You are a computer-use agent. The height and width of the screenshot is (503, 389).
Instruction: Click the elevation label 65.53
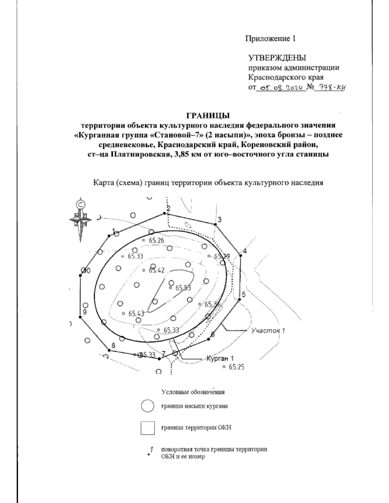click(x=183, y=288)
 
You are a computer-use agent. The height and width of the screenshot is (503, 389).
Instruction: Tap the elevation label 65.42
click(x=156, y=270)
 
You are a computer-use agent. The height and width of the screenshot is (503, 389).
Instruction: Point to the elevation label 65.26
click(x=156, y=240)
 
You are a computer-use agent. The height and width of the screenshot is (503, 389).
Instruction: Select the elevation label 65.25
click(x=236, y=367)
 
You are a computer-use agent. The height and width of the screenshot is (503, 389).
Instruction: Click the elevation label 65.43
click(x=136, y=314)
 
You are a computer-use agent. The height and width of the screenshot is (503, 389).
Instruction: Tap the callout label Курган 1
click(x=220, y=359)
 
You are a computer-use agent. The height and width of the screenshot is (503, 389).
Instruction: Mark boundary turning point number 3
click(x=215, y=224)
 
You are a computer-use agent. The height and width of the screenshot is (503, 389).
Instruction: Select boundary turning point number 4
click(x=241, y=255)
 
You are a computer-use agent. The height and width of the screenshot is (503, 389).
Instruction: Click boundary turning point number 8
click(x=109, y=350)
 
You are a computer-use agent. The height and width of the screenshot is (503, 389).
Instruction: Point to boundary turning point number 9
click(x=80, y=317)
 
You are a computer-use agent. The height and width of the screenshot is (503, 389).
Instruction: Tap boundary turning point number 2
click(x=165, y=213)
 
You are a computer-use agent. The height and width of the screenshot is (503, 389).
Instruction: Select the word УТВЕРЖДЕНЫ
click(x=277, y=58)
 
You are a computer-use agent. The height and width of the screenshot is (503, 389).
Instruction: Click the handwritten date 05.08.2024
click(x=281, y=87)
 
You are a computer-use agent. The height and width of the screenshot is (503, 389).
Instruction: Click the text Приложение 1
click(x=270, y=39)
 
